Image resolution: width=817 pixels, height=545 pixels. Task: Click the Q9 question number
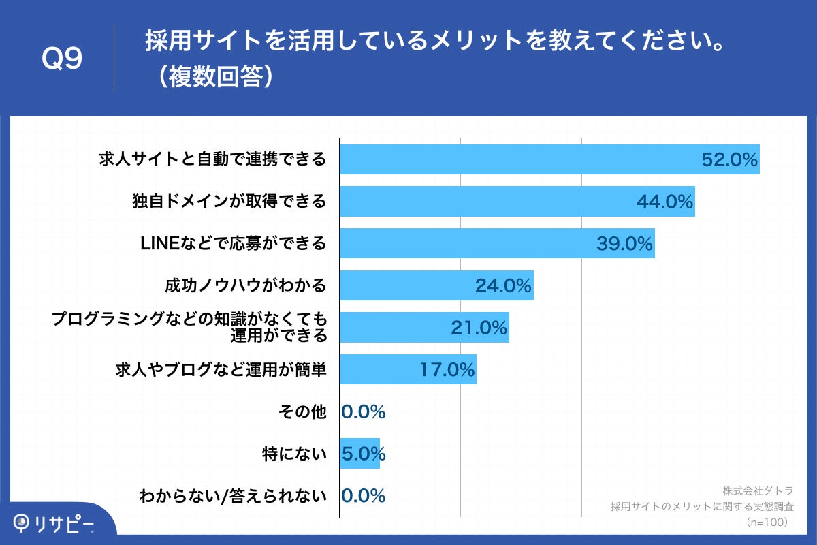[62, 59]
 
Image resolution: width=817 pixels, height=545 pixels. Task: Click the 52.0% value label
[729, 160]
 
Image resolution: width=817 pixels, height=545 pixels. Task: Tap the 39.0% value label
[624, 244]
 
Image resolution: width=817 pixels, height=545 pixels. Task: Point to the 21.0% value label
[479, 328]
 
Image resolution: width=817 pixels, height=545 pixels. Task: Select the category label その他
[302, 411]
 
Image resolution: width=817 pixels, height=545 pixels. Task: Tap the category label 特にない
[294, 453]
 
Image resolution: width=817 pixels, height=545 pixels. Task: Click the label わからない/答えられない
[232, 495]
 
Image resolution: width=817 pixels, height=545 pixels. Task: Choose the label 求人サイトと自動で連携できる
[212, 160]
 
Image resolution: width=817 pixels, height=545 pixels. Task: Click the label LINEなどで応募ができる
[232, 244]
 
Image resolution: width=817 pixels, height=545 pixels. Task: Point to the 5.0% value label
[363, 453]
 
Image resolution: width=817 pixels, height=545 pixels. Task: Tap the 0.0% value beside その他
[363, 411]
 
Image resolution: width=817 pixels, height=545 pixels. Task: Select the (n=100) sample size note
[767, 522]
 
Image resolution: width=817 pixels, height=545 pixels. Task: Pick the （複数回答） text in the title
[213, 77]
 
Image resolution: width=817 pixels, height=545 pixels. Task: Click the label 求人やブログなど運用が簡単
[221, 370]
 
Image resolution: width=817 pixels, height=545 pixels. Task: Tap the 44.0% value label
[664, 202]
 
